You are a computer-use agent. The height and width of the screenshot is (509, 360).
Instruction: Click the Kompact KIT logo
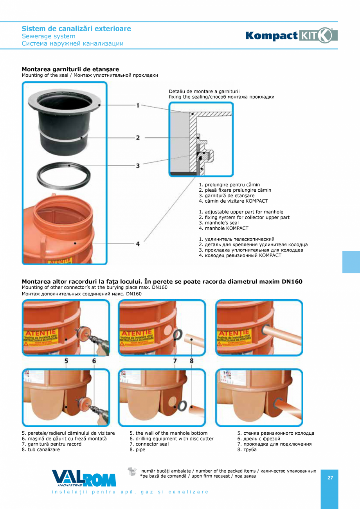tap(291, 35)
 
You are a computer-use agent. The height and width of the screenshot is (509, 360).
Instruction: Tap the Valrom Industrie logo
tap(84, 478)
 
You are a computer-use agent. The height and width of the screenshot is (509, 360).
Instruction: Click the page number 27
tap(330, 478)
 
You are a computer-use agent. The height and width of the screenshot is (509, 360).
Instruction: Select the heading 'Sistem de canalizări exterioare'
tap(76, 29)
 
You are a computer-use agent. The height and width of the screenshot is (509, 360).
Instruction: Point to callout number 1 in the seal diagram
tap(138, 105)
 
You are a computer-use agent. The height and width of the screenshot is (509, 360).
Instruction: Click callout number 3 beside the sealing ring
tap(138, 166)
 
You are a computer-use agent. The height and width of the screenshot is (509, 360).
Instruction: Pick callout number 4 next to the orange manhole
tap(138, 244)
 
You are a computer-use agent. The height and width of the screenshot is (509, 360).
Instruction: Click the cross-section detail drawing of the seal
tap(201, 139)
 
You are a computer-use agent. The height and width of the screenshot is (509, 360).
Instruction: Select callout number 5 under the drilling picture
tap(66, 361)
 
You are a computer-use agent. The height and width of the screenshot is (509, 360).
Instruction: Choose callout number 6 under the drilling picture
tap(94, 361)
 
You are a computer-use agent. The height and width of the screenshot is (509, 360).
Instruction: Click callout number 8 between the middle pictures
tap(191, 361)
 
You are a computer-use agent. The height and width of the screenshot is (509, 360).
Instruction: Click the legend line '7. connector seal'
tap(149, 444)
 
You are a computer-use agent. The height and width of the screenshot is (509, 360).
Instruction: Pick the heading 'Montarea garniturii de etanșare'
tap(70, 69)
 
